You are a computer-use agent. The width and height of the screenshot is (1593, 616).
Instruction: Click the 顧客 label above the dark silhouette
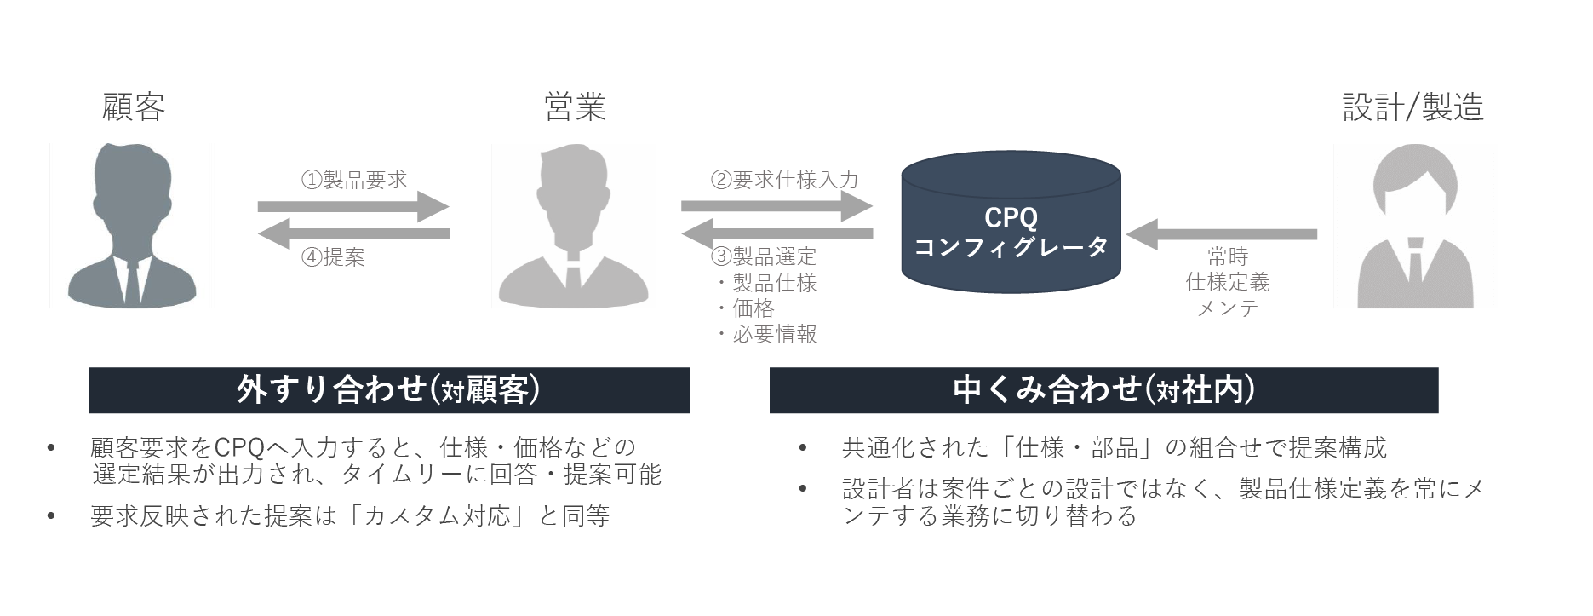[134, 107]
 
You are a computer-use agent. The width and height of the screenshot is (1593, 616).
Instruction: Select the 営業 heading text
[575, 107]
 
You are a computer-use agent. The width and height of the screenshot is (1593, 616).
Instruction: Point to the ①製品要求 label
[354, 180]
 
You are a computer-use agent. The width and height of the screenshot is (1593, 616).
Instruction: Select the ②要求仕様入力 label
[784, 180]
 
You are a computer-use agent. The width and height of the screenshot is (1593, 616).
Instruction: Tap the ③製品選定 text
[764, 256]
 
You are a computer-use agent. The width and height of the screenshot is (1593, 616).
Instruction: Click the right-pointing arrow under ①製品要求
[352, 206]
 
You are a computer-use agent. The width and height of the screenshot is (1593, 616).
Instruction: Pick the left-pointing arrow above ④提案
[352, 233]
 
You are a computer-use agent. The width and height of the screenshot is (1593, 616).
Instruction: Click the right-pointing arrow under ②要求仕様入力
[776, 206]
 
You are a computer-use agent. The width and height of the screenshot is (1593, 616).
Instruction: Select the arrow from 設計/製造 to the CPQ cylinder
[1221, 234]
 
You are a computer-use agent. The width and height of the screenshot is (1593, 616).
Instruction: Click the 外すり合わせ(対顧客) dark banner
[388, 390]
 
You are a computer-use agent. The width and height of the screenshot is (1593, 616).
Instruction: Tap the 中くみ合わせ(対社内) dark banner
[1103, 390]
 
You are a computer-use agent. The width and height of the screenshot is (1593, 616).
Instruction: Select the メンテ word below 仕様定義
[1227, 308]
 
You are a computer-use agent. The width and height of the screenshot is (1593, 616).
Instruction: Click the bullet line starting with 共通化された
[1114, 447]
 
